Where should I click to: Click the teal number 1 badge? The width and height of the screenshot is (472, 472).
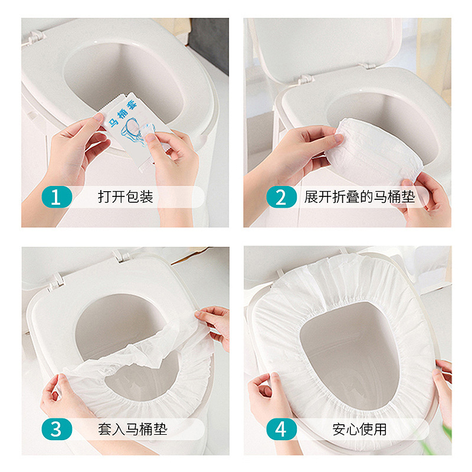pos(57,197)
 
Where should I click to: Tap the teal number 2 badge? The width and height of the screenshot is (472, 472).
pos(281,197)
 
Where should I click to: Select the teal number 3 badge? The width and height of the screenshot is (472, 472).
pos(57,429)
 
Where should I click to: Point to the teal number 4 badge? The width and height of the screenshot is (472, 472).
pos(281,429)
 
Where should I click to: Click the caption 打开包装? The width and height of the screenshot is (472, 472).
pos(126,197)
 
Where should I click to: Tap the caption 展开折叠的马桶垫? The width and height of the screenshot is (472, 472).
pos(360,197)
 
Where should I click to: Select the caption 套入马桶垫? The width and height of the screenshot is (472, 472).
pos(132,430)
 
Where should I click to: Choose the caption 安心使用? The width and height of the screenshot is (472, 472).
pos(359,430)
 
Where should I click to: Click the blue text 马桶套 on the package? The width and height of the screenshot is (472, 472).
pos(123,114)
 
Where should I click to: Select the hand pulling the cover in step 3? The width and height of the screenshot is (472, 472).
pos(215,326)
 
